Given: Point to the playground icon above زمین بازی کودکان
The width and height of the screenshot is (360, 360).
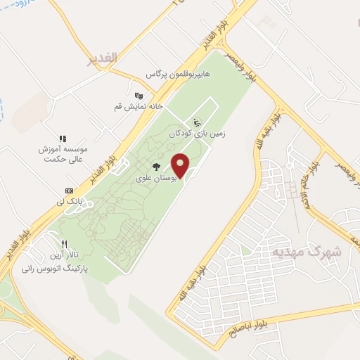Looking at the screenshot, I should [x=197, y=120].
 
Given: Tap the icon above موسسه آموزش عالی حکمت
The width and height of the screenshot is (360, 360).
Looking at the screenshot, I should [x=63, y=138].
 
